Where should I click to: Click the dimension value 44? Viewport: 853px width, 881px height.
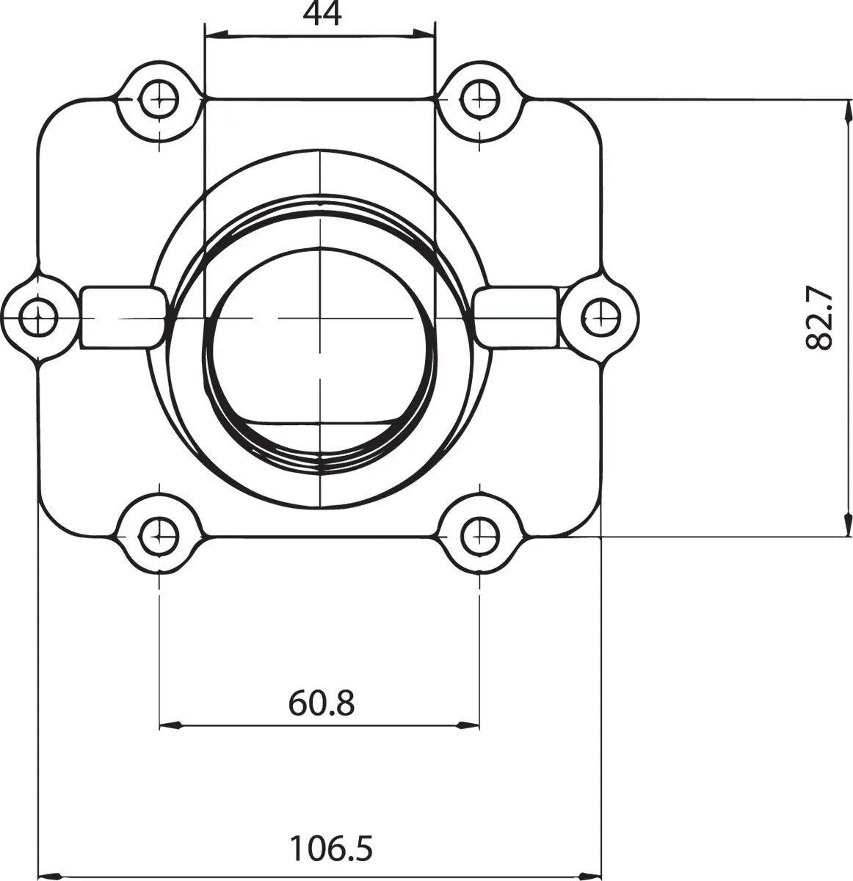click(x=322, y=15)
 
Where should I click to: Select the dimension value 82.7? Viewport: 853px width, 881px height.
click(x=820, y=317)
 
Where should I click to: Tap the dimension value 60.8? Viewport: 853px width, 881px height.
click(x=322, y=703)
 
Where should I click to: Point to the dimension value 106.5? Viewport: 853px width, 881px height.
click(x=330, y=849)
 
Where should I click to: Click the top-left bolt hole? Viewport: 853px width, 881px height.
click(x=159, y=98)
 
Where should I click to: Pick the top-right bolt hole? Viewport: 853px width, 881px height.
click(x=479, y=98)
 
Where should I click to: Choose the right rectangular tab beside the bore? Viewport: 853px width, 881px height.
click(x=516, y=318)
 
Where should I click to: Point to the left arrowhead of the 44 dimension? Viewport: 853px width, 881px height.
click(x=216, y=34)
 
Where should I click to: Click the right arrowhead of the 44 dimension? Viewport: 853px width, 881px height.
click(x=425, y=34)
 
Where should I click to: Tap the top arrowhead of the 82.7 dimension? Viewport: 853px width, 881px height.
click(x=849, y=110)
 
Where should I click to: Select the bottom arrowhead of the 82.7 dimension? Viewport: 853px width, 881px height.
click(x=849, y=525)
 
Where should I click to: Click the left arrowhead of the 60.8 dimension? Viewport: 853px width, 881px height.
click(x=170, y=726)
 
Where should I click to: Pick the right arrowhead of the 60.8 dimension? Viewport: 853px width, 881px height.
click(x=468, y=726)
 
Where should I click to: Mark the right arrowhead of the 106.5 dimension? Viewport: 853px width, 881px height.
click(x=591, y=875)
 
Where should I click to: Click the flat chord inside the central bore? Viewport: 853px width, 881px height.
click(x=321, y=424)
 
